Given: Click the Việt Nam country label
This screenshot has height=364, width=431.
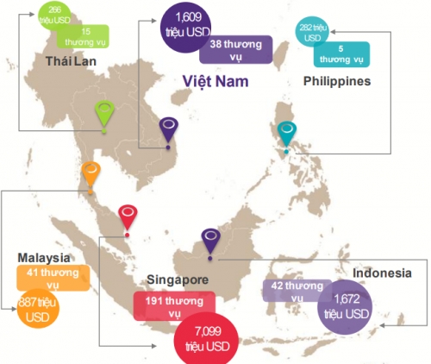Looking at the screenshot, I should click(215, 81).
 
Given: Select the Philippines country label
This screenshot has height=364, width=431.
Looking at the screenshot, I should click(337, 81).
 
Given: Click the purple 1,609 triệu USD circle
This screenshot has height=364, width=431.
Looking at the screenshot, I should click(185, 27).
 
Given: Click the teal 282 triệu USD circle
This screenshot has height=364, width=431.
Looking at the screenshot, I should click(312, 32).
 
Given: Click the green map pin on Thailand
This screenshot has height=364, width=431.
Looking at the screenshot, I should click(104, 112).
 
